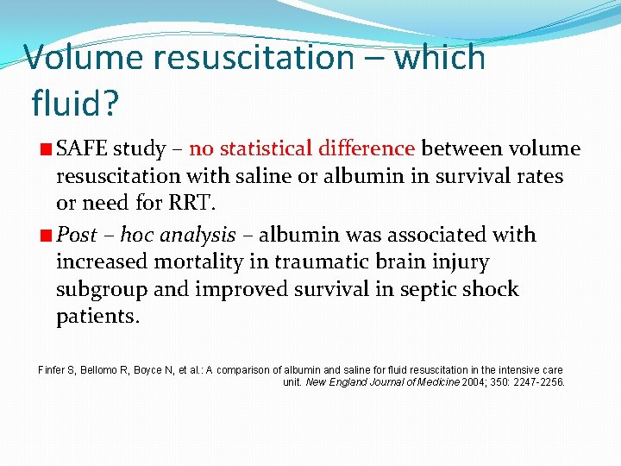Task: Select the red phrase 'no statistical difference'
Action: click(x=303, y=149)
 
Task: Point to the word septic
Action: click(x=411, y=289)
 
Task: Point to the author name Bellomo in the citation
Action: click(x=101, y=370)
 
